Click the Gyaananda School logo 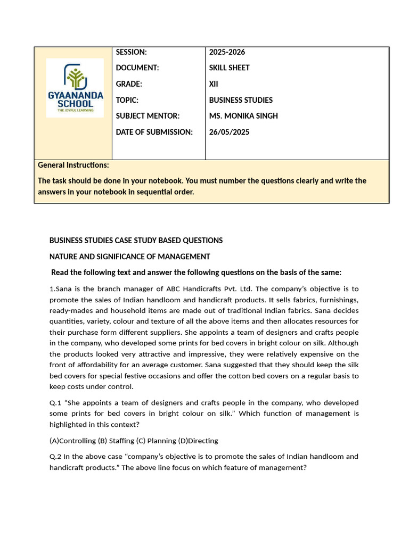coord(75,88)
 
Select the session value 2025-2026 coord(227,52)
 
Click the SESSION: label coord(131,52)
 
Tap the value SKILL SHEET coord(229,68)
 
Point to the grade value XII coord(214,84)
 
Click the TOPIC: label coord(127,100)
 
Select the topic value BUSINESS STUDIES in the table coord(241,100)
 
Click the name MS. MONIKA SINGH coord(243,116)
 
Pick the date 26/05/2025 coord(229,132)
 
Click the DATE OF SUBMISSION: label coord(154,132)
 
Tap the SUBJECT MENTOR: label coord(148,116)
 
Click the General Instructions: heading coord(73,165)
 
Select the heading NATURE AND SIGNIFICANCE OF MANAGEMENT coord(129,257)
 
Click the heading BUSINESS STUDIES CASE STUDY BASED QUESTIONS coord(136,241)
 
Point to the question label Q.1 coord(55,403)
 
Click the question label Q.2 coord(55,457)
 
